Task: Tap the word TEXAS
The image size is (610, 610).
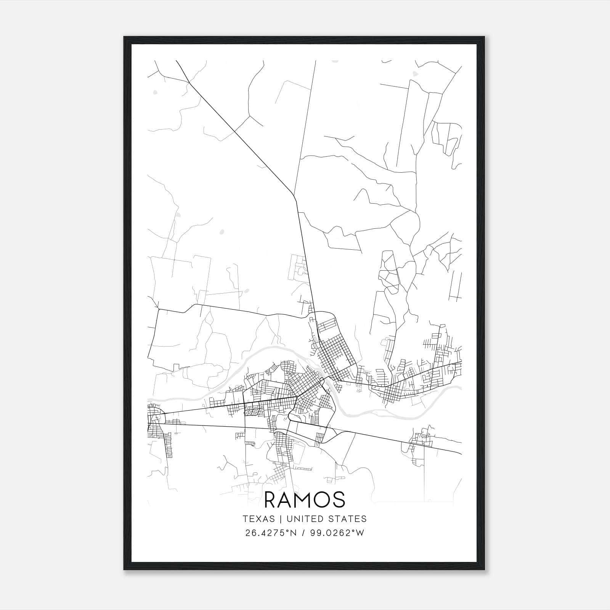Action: [x=258, y=519]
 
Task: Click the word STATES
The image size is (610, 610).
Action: [x=348, y=519]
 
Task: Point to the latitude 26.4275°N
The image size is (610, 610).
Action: [x=271, y=533]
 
